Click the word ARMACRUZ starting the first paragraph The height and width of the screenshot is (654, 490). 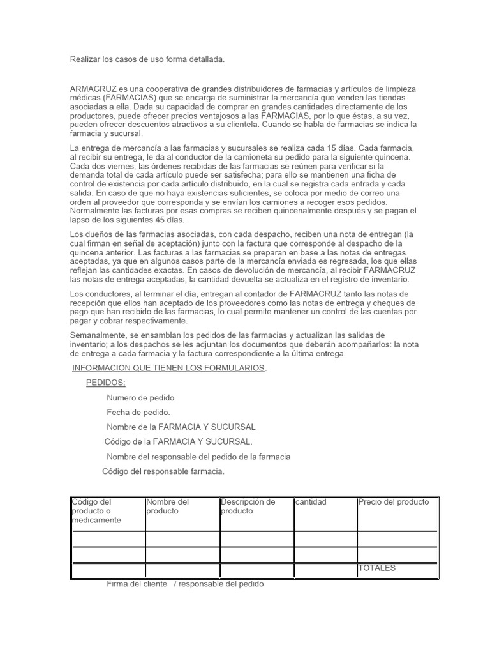point(93,89)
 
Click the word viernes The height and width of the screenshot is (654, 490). point(115,166)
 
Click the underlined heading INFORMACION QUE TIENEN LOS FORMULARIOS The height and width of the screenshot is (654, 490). point(169,369)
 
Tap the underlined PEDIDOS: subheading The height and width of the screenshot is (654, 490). point(106,383)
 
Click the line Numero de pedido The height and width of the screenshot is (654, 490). point(140,398)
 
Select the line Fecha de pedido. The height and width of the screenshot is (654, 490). point(138,413)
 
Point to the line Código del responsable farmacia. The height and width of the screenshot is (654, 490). point(163,471)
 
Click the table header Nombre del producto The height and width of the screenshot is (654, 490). point(168,506)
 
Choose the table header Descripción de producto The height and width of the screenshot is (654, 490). point(248,506)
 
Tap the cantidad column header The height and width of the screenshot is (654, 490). point(311,502)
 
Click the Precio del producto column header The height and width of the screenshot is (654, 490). point(394,502)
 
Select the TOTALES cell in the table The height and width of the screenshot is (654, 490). point(376,568)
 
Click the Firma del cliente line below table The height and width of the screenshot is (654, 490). point(185,584)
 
